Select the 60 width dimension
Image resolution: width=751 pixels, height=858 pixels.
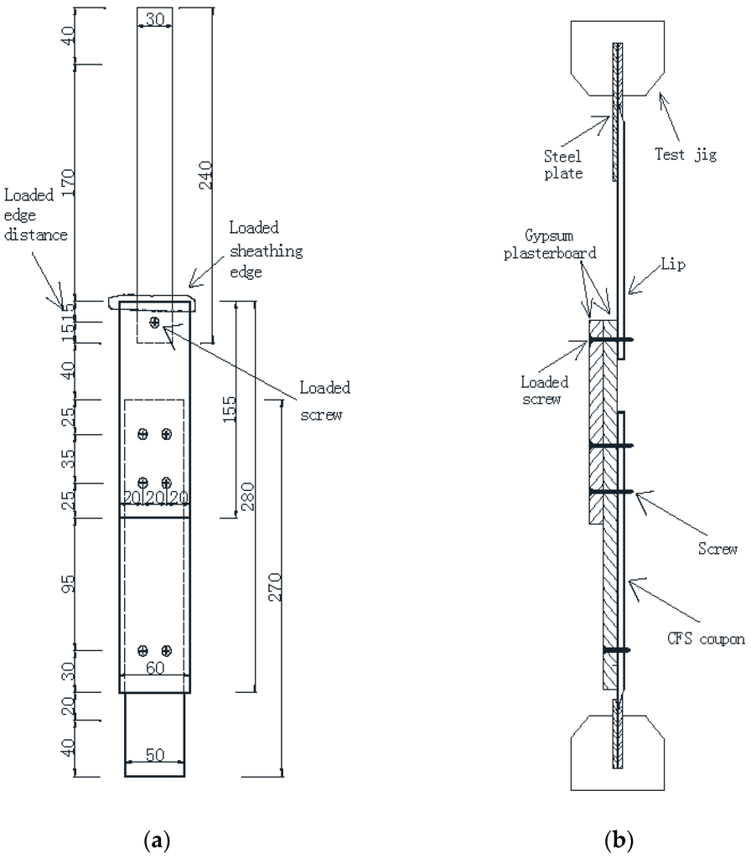click(x=155, y=668)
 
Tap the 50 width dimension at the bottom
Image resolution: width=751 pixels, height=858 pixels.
click(x=155, y=755)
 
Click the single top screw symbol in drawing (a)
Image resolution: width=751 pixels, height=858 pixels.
click(x=154, y=322)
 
